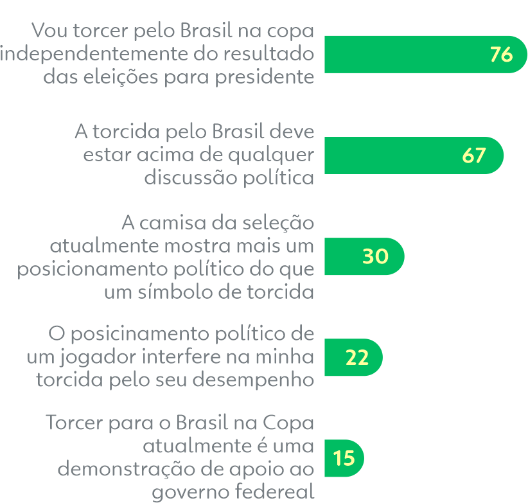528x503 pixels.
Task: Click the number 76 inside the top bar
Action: point(501,55)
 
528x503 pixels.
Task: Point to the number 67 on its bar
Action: point(474,155)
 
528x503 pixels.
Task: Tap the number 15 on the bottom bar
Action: point(344,458)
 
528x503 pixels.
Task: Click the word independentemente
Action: point(94,54)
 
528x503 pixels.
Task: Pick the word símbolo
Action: point(166,292)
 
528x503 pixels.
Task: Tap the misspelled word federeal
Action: point(274,492)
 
